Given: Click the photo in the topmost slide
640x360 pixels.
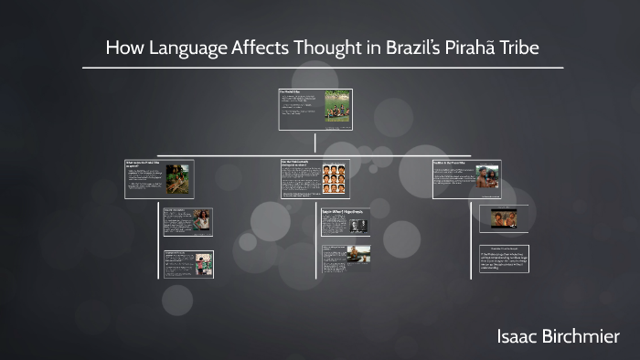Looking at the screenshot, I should click(337, 109).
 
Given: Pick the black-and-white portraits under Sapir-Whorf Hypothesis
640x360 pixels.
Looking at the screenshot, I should click(357, 226).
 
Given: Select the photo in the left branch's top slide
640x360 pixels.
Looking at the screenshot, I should click(179, 178).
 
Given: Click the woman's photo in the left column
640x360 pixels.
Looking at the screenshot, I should click(201, 220).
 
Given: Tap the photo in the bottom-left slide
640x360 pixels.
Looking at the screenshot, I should click(201, 263).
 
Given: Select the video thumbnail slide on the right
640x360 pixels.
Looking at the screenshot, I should click(505, 219).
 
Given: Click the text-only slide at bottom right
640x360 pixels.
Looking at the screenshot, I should click(505, 261).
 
